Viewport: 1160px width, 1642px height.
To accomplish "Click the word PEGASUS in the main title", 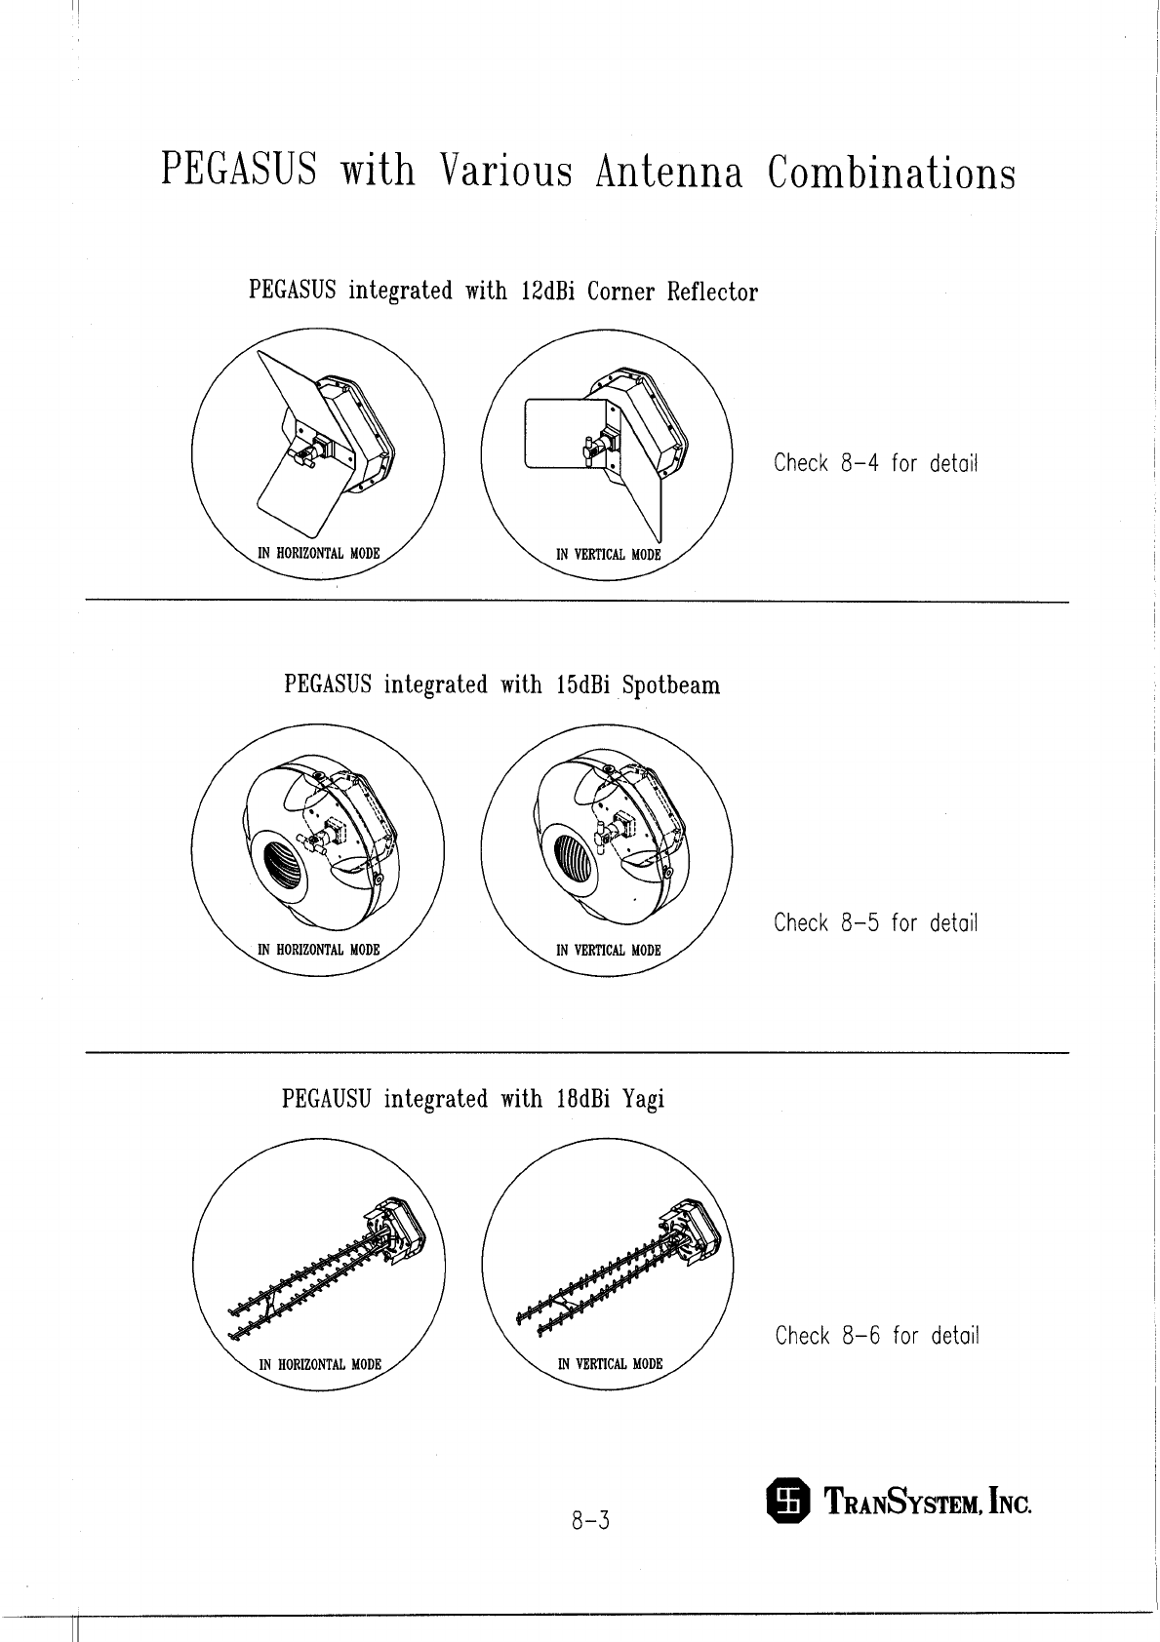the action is (x=238, y=172).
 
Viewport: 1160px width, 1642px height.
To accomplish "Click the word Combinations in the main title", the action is (x=891, y=174).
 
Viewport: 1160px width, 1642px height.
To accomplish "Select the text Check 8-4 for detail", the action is (x=875, y=462).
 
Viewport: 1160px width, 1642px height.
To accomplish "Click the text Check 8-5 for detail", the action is (x=875, y=922).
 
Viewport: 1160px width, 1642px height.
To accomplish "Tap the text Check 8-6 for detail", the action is (x=876, y=1335).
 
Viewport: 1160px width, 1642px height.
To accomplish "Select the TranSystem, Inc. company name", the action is (x=929, y=1502).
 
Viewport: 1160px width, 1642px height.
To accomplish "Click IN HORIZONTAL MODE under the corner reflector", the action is (x=317, y=553).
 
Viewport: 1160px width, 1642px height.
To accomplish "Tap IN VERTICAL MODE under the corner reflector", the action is (x=608, y=555).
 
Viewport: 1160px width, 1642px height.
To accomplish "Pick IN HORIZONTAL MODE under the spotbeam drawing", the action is (x=318, y=950).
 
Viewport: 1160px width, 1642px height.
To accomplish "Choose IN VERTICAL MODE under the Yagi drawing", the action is (x=610, y=1364).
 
